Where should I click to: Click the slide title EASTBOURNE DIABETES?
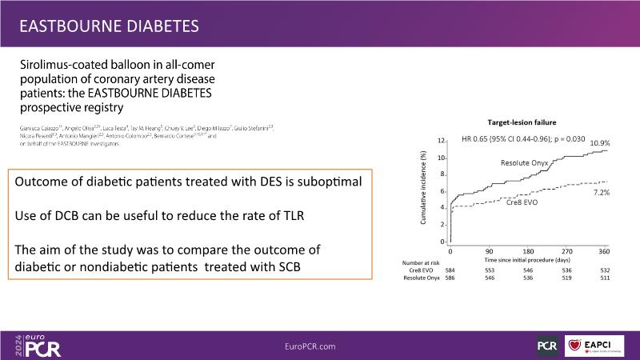pos(109,26)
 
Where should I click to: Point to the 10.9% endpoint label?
pos(601,142)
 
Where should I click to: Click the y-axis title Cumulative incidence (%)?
pos(423,190)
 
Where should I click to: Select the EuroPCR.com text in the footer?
pos(310,346)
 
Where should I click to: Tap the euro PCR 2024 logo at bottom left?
pos(37,346)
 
